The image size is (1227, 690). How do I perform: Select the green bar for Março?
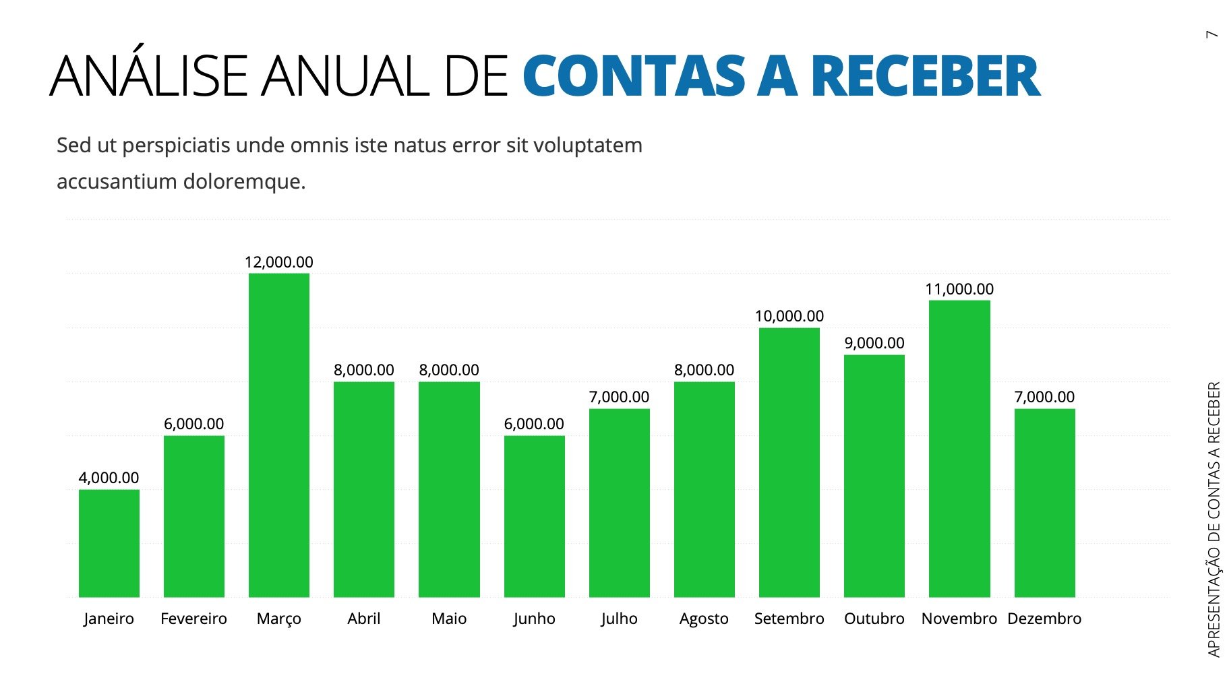coord(279,435)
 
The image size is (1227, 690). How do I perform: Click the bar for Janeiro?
coord(109,543)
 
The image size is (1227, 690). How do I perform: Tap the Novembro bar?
coord(959,448)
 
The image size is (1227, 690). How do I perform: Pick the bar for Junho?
coord(534,516)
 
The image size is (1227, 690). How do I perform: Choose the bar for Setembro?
coord(789,462)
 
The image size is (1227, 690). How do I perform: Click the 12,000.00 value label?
coord(279,262)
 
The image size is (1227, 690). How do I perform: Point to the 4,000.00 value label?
coord(109,478)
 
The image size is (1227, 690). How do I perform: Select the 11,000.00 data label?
coord(959,289)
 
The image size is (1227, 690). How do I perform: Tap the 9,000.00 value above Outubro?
coord(874,343)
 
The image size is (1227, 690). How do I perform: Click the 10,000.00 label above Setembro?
coord(789,316)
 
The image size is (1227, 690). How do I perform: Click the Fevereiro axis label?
coord(194,619)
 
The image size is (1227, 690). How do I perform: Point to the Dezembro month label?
coord(1044,619)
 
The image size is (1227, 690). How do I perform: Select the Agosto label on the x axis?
coord(704,619)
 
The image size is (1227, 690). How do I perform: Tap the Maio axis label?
coord(449,619)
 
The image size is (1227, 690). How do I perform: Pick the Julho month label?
coord(619,619)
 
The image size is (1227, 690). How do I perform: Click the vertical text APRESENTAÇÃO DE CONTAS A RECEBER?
coord(1214,519)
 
